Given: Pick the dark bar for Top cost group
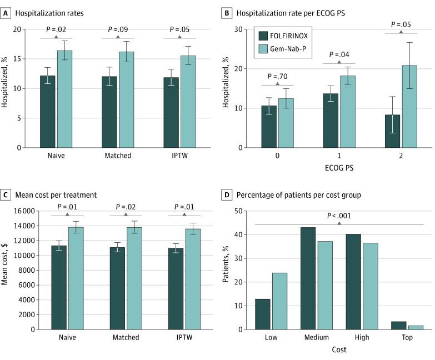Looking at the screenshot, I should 399,326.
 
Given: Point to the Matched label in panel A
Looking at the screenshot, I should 118,156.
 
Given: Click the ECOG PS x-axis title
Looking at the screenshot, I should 338,166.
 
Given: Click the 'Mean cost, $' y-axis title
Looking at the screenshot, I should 6,269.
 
